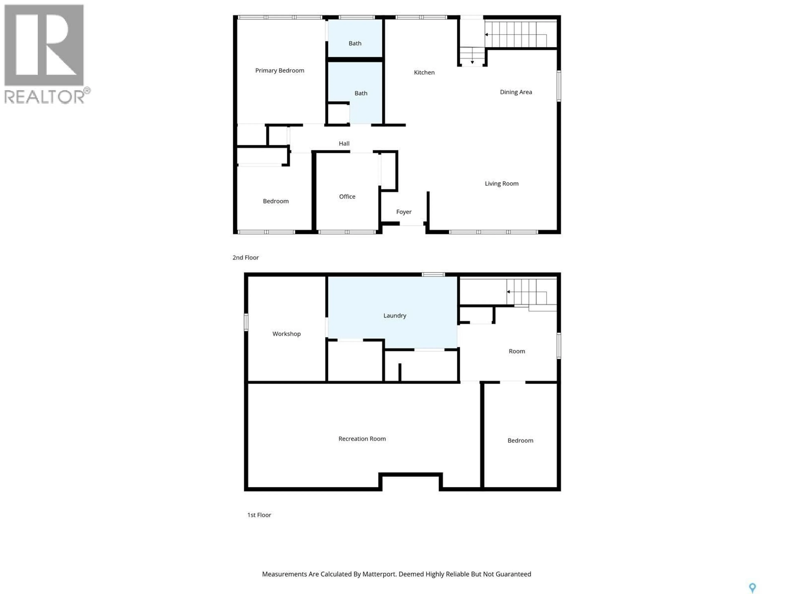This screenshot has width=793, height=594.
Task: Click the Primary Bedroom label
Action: point(280,71)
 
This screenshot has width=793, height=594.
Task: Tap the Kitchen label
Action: point(424,72)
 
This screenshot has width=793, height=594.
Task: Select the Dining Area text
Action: point(516,92)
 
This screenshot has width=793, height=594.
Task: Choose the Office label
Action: point(347,197)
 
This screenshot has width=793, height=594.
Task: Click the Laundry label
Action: point(395,315)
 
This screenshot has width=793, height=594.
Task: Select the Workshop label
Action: point(286,334)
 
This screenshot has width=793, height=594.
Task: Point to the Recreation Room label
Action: point(362,439)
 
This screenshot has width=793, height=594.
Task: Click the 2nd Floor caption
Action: point(246,257)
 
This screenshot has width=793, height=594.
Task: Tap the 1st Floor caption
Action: point(259,515)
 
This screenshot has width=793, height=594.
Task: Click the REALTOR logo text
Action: point(45,97)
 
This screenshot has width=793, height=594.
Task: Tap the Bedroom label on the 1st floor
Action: point(520,440)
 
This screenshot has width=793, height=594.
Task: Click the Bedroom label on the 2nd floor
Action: point(276,201)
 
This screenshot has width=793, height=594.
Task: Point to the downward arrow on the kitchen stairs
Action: point(472,62)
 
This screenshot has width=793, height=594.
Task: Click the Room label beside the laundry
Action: point(517,351)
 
